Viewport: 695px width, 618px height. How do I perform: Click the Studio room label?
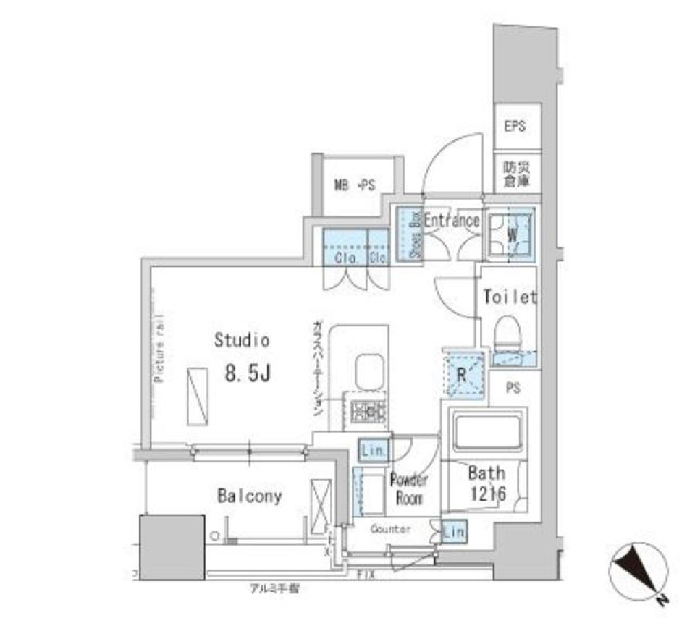pos(242,340)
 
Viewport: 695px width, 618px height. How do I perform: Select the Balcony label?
pos(250,496)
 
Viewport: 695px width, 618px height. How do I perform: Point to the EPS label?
pos(515,126)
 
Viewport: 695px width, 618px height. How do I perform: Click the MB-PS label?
pos(354,186)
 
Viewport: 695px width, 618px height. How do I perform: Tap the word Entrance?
pos(451,221)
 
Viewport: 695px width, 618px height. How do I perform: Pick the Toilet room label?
pos(509,297)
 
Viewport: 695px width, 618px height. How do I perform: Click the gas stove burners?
pos(366,411)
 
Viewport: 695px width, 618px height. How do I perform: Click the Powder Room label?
pos(409,488)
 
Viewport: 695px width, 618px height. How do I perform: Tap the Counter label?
pos(391,530)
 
